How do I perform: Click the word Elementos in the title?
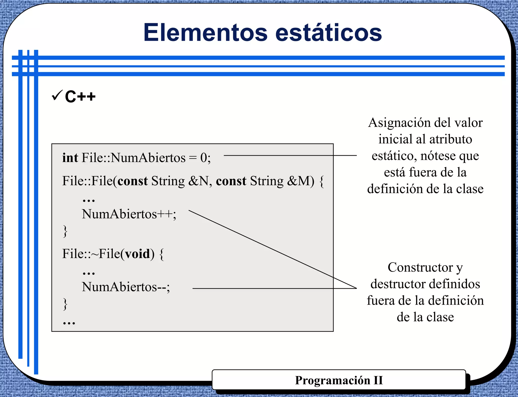(205, 33)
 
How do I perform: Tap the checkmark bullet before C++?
(57, 95)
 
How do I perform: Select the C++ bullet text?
(80, 97)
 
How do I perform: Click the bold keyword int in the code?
(70, 158)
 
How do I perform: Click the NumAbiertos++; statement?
(129, 214)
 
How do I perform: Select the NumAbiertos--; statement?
(126, 287)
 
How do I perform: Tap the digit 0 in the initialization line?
(204, 158)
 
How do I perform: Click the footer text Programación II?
(339, 380)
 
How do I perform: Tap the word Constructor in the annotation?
(420, 268)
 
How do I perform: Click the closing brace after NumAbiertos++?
(65, 231)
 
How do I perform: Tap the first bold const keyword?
(133, 181)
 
